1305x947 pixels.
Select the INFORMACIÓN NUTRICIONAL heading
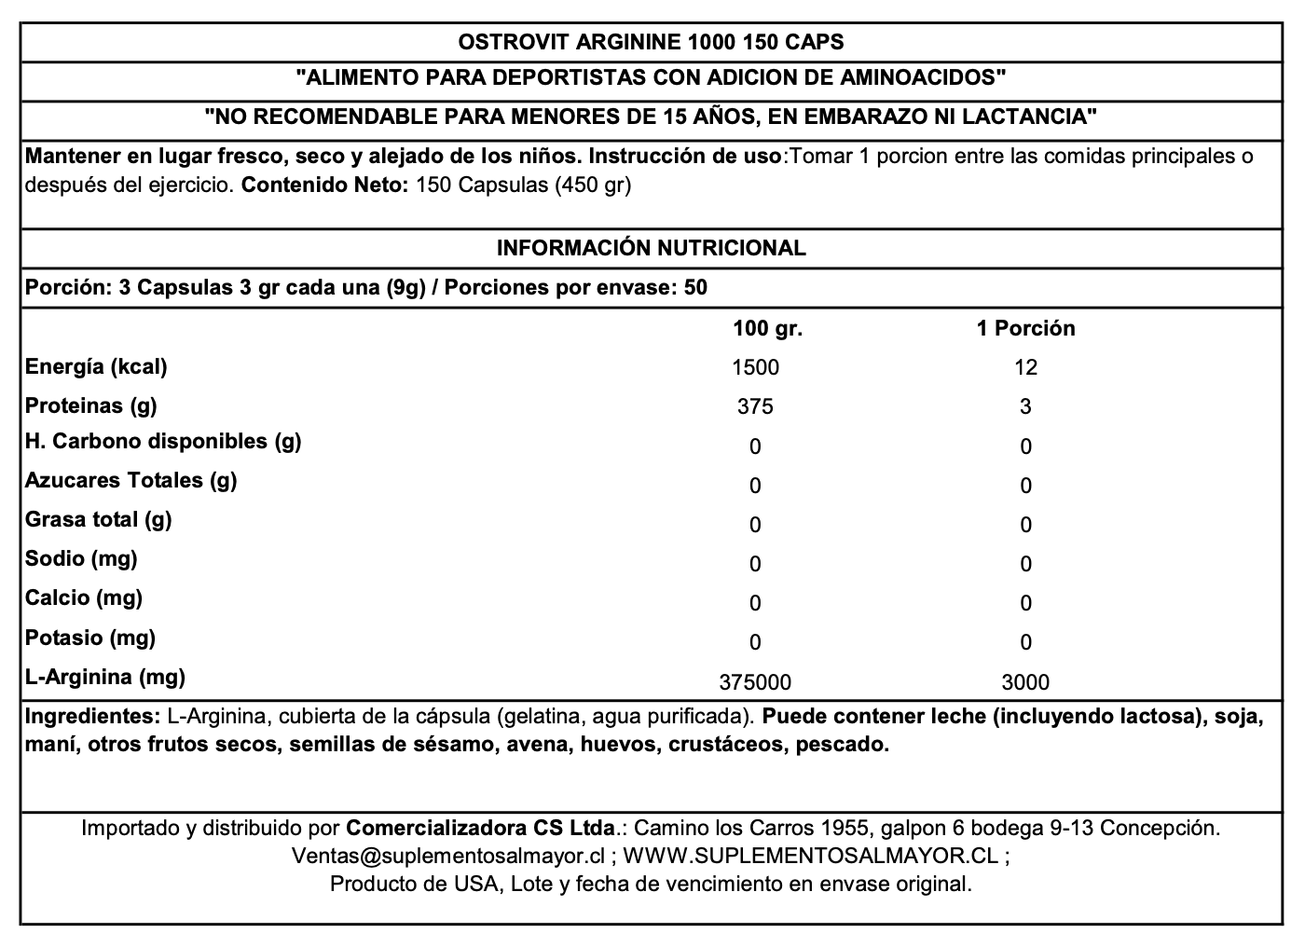pyautogui.click(x=651, y=248)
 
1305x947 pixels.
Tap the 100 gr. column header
pyautogui.click(x=767, y=328)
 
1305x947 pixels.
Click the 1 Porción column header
pyautogui.click(x=1025, y=328)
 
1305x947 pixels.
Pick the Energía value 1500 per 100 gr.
pyautogui.click(x=756, y=367)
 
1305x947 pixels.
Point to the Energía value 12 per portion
pyautogui.click(x=1025, y=367)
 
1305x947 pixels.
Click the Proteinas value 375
pyautogui.click(x=755, y=406)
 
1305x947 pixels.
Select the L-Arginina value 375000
pyautogui.click(x=755, y=682)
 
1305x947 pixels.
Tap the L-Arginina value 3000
pyautogui.click(x=1025, y=682)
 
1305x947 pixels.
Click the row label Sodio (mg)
pyautogui.click(x=81, y=558)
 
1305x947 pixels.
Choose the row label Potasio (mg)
pyautogui.click(x=90, y=638)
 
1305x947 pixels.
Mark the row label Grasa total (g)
pyautogui.click(x=98, y=519)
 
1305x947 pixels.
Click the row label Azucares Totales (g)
pyautogui.click(x=130, y=480)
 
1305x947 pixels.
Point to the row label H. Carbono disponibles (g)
pyautogui.click(x=163, y=441)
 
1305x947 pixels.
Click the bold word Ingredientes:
pyautogui.click(x=92, y=717)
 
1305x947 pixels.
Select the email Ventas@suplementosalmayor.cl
pyautogui.click(x=448, y=856)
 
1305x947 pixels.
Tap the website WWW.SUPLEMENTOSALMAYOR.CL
pyautogui.click(x=810, y=856)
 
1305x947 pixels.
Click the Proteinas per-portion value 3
pyautogui.click(x=1025, y=406)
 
